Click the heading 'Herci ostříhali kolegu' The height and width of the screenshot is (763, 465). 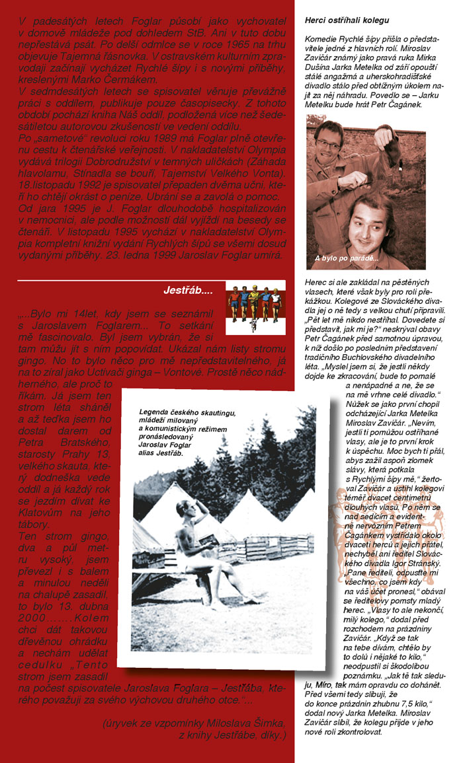[347, 20]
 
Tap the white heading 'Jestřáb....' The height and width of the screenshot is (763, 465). [188, 290]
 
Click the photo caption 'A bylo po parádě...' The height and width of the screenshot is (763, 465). [347, 257]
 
